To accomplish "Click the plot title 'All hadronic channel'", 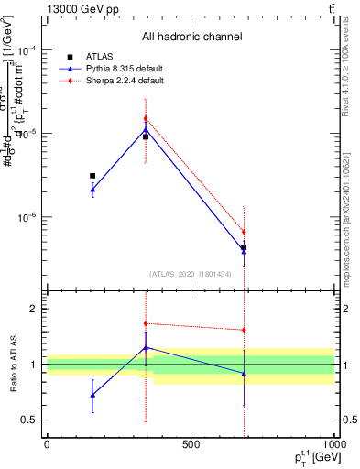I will click(x=191, y=37).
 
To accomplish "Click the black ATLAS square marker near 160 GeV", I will click(x=93, y=175).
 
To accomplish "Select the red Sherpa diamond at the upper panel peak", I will click(x=146, y=119).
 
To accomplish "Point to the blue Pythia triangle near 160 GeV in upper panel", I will click(x=93, y=190).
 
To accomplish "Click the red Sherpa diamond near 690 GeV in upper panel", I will click(x=244, y=232).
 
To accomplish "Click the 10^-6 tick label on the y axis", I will click(x=27, y=218).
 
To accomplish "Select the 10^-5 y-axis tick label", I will click(x=27, y=135).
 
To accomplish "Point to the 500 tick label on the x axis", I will click(x=191, y=444).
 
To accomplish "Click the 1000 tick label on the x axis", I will click(x=333, y=444).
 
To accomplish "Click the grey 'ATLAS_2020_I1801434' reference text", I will click(x=191, y=274).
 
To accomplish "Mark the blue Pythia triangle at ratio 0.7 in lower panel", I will click(x=93, y=395).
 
